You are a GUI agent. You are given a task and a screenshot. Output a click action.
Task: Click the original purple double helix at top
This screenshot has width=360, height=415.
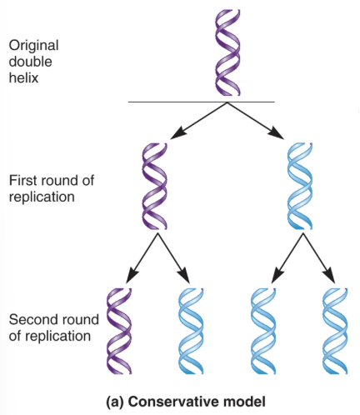pyautogui.click(x=227, y=52)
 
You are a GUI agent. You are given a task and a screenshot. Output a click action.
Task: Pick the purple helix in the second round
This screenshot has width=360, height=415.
pyautogui.click(x=121, y=331)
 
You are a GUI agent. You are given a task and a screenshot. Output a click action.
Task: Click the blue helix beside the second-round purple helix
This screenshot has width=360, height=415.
pyautogui.click(x=191, y=331)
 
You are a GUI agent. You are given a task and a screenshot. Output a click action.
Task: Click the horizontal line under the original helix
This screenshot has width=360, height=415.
pyautogui.click(x=201, y=102)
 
